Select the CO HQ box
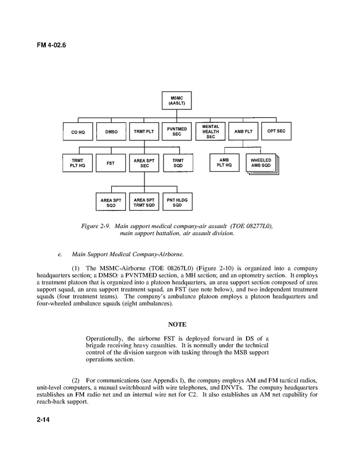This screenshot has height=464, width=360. (78, 132)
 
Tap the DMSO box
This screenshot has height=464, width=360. (111, 132)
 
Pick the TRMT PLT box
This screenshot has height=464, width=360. (144, 132)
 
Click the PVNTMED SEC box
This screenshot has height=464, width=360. (177, 131)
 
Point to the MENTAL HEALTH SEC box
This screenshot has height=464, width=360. (210, 131)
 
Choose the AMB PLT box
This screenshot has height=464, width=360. (243, 132)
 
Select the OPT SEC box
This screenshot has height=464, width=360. (276, 131)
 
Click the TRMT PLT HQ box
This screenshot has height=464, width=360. (78, 164)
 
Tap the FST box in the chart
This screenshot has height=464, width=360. (111, 164)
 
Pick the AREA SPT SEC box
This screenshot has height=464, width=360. (144, 164)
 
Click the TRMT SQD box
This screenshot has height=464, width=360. (177, 164)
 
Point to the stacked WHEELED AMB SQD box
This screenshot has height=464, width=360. (261, 163)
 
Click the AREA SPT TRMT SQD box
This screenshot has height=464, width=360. (144, 202)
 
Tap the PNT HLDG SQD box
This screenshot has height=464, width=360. (177, 202)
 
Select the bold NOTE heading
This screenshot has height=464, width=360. (177, 324)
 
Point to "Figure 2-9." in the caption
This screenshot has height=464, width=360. (97, 226)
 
